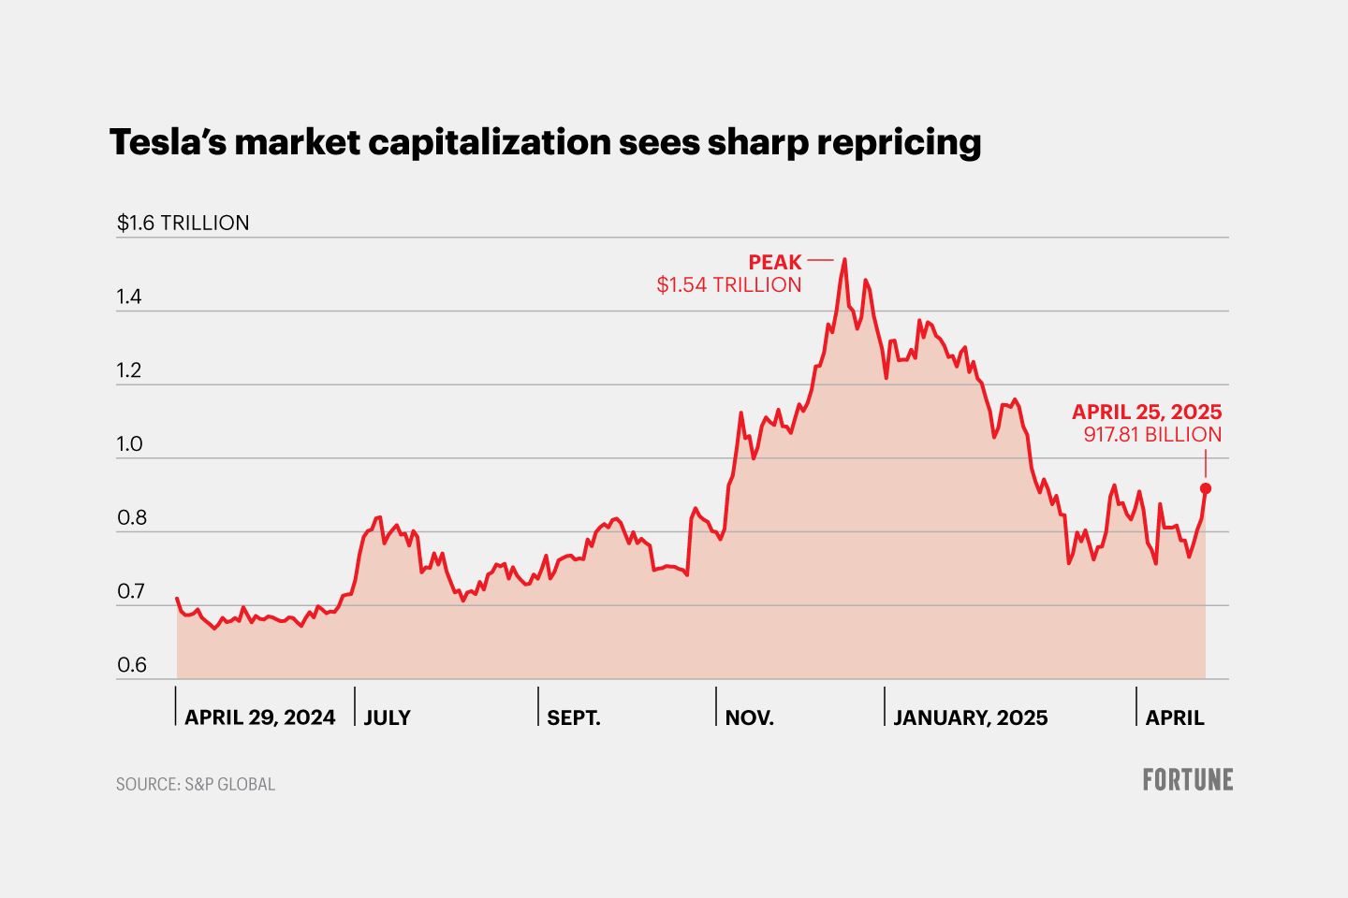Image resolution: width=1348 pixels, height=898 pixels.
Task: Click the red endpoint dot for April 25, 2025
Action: [x=1206, y=488]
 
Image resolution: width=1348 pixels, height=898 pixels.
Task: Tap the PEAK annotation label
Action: [x=775, y=262]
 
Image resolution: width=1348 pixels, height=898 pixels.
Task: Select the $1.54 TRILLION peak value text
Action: [x=728, y=284]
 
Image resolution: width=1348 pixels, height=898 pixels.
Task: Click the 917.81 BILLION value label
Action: [x=1152, y=434]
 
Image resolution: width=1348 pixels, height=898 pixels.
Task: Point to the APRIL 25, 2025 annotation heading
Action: [x=1147, y=412]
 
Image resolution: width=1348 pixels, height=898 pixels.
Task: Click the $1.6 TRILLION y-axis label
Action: [x=183, y=223]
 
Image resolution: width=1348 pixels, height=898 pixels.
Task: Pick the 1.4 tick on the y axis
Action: [x=129, y=297]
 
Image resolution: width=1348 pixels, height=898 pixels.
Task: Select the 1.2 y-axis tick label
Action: [x=129, y=370]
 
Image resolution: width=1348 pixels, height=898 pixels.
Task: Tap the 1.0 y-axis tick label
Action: [x=129, y=444]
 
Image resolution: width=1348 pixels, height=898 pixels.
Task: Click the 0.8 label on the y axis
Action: [x=132, y=518]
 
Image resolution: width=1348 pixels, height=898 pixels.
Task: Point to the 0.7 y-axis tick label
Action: [x=132, y=591]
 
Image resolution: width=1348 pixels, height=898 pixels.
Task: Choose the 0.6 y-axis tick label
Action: [x=132, y=665]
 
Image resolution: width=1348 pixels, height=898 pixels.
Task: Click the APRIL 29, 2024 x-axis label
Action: [x=259, y=717]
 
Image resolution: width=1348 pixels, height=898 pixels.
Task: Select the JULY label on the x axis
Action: [x=387, y=717]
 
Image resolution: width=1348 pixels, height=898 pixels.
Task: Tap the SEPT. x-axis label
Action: [x=573, y=717]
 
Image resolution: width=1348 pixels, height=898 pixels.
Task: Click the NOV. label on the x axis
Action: [x=749, y=717]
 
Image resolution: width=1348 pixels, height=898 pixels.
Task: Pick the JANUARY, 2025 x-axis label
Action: [x=970, y=717]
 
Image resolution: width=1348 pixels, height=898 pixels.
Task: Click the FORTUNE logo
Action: [x=1187, y=779]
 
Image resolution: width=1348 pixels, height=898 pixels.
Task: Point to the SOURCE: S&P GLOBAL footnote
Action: [x=196, y=784]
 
